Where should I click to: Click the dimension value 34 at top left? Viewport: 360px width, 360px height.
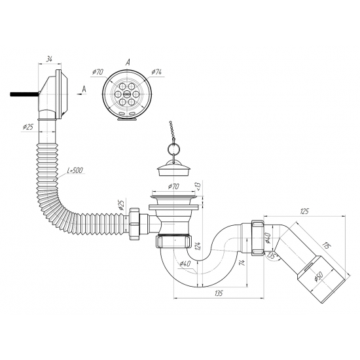click(49, 59)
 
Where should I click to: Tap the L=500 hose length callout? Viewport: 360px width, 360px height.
click(75, 171)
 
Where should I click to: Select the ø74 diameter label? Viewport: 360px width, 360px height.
click(156, 72)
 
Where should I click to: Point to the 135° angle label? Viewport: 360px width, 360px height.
click(272, 255)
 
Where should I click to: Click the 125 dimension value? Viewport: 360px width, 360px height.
click(304, 211)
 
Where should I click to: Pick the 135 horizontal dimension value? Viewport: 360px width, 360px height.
click(219, 293)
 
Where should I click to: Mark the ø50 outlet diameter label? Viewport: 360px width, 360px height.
click(319, 276)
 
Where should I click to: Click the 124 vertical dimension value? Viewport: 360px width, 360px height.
click(199, 245)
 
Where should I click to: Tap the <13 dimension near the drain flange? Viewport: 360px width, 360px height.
click(198, 187)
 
